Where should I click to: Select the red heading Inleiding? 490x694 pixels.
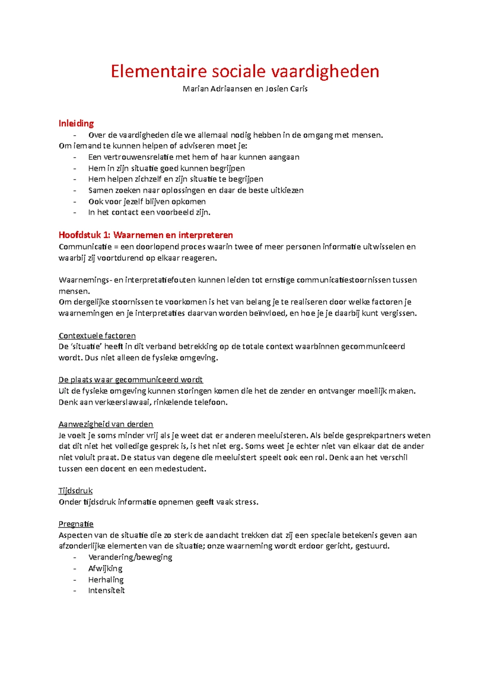76,123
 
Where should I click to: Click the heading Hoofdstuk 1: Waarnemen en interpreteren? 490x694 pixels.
145,235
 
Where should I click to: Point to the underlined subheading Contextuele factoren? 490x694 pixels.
97,336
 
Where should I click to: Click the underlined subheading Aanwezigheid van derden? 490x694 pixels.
106,424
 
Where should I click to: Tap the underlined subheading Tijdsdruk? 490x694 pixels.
76,490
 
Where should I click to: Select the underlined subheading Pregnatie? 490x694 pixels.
76,524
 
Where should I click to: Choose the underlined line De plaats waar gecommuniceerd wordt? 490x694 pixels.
130,380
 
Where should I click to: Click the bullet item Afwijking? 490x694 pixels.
105,569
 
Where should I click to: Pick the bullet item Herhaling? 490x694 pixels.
106,580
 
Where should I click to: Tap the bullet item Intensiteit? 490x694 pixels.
106,591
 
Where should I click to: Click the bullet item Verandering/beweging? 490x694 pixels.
130,557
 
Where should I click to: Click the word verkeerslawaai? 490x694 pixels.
122,402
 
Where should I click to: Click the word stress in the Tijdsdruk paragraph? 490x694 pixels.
246,502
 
